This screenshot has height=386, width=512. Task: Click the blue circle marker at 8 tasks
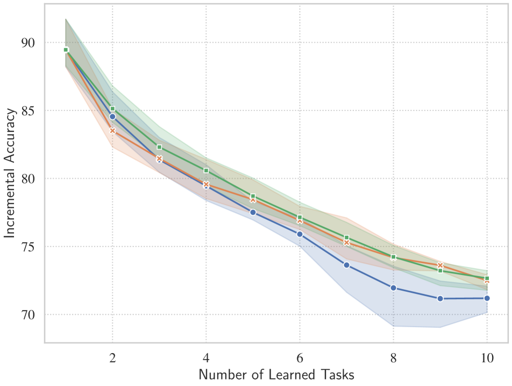(x=393, y=288)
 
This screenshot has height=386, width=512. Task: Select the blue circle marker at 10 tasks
(x=487, y=298)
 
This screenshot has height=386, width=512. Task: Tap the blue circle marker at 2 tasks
(x=112, y=116)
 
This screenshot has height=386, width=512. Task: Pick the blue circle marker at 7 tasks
(x=347, y=265)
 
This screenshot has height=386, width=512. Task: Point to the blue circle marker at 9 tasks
(x=440, y=299)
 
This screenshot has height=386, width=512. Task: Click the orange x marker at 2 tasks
(x=112, y=130)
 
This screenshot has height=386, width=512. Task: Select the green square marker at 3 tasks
(x=159, y=147)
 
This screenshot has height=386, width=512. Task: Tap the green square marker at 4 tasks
(x=206, y=171)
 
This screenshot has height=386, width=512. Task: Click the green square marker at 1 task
(x=66, y=50)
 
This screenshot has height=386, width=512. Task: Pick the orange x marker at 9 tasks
(x=440, y=265)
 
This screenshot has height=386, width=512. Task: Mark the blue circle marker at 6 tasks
(x=300, y=234)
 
